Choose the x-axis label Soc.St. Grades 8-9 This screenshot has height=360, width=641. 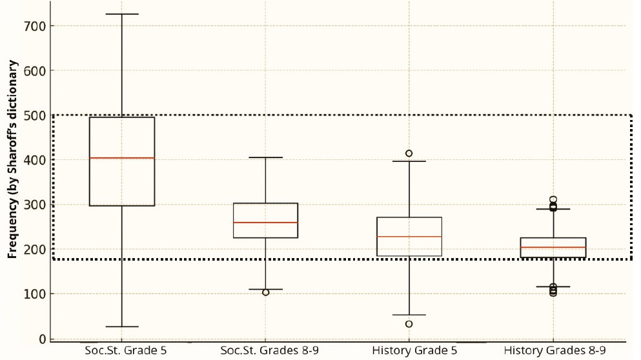265,351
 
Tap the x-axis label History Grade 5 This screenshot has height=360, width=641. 409,351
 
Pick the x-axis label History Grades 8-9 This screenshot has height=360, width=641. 553,351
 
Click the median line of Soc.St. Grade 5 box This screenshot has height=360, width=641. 121,158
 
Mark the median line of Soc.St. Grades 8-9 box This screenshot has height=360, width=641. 265,223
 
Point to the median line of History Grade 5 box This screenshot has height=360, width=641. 409,237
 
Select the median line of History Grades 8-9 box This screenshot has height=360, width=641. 553,248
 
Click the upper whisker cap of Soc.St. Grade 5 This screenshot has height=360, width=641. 121,14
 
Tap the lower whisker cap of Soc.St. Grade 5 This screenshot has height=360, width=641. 121,327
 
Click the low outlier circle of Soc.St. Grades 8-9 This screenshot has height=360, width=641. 265,292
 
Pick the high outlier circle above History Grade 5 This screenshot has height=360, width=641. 409,154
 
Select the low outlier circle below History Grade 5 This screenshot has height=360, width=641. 409,324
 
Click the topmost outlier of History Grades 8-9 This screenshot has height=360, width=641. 553,200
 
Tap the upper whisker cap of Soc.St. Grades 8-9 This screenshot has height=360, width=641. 265,157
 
